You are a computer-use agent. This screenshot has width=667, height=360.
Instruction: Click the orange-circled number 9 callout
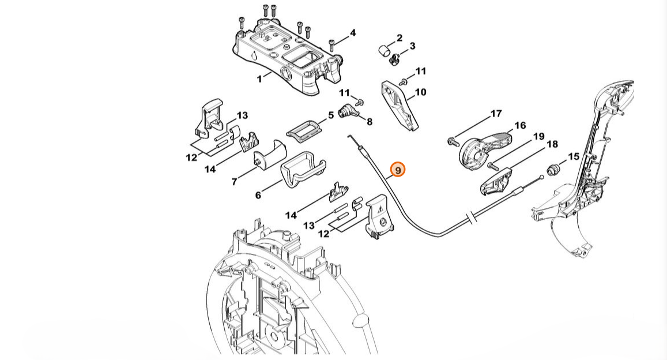coord(398,170)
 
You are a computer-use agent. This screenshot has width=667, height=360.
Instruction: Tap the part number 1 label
coord(259,78)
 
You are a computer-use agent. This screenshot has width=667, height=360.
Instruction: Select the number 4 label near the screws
coord(353,33)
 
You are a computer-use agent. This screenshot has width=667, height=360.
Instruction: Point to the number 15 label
coord(573,156)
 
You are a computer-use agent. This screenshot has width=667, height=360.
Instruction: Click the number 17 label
coord(496,114)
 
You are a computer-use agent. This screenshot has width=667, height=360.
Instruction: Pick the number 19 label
coord(538,137)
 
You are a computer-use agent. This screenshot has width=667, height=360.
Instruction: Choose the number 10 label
coord(420,92)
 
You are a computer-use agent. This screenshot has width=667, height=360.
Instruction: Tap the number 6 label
coord(258,196)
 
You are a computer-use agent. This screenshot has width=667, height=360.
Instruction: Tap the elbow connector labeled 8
coord(348,111)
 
